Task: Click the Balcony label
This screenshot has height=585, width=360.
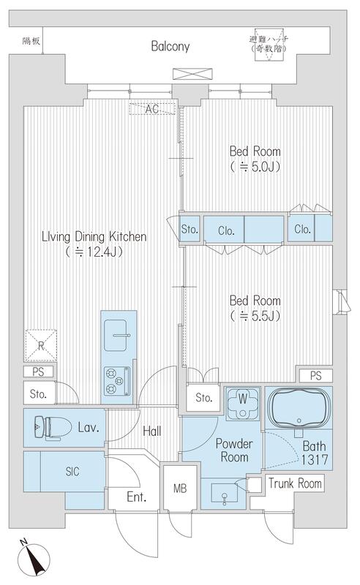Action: (x=170, y=46)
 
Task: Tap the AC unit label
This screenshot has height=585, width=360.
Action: (x=152, y=109)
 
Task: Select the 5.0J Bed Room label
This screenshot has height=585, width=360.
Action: (x=255, y=159)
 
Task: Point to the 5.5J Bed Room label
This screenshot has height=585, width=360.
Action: (x=255, y=308)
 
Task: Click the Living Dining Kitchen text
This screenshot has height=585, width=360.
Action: (x=94, y=244)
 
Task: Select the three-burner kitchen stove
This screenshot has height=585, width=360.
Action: (x=117, y=381)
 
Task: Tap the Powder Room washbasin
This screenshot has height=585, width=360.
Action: (x=224, y=493)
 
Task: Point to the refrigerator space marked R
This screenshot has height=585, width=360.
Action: (x=41, y=345)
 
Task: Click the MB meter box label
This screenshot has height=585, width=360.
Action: (x=180, y=488)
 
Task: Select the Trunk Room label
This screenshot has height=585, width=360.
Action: (x=295, y=483)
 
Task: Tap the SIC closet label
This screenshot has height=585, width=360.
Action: (x=72, y=471)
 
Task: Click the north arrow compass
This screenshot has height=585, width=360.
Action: (x=34, y=557)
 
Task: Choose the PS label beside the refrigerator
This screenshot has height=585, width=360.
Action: (x=38, y=371)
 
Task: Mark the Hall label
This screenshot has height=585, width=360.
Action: (x=152, y=431)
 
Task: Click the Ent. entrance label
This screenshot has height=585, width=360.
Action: (x=136, y=497)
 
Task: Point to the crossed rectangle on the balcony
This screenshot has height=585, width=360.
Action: (x=192, y=74)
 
